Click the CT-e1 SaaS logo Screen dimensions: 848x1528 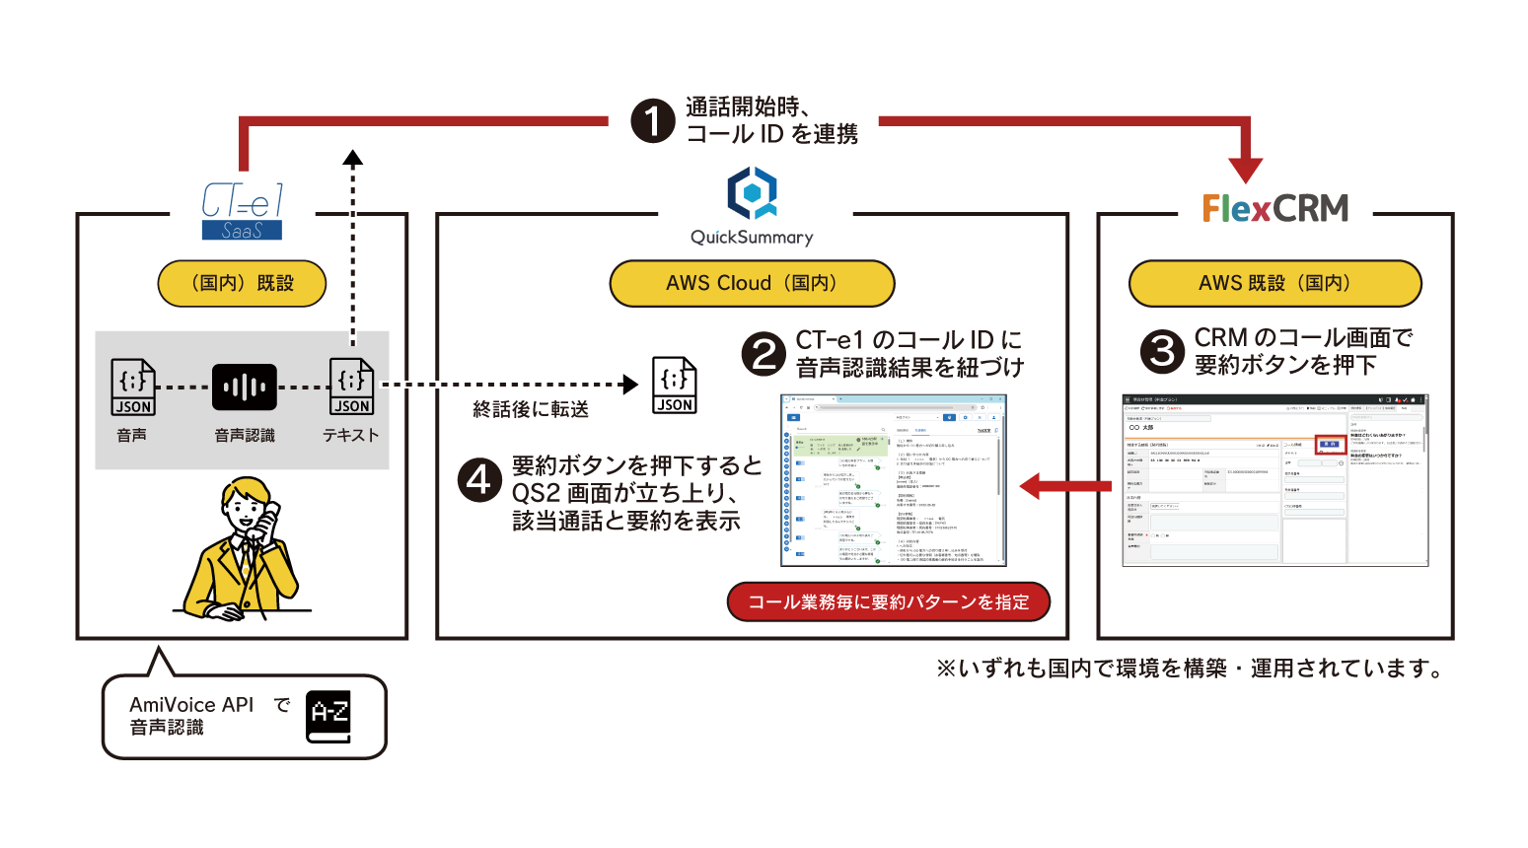[242, 211]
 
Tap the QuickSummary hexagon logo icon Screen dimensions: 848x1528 [752, 193]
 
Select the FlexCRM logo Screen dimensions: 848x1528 [1274, 208]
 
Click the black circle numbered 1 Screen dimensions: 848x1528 [652, 121]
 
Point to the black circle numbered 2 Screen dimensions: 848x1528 [764, 354]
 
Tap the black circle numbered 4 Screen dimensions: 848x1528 [479, 481]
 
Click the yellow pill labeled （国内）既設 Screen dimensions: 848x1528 [242, 284]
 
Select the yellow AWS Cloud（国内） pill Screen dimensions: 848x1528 [752, 284]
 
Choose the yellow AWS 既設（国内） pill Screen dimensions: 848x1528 [1274, 284]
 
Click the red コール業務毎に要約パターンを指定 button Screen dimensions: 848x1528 [888, 601]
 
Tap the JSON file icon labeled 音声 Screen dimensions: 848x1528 [133, 388]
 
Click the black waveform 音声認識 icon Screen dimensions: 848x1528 [244, 387]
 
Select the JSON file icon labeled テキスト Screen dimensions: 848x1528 [351, 388]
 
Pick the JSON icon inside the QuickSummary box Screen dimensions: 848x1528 [675, 386]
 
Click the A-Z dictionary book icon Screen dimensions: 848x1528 [328, 716]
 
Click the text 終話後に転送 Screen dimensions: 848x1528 [531, 409]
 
